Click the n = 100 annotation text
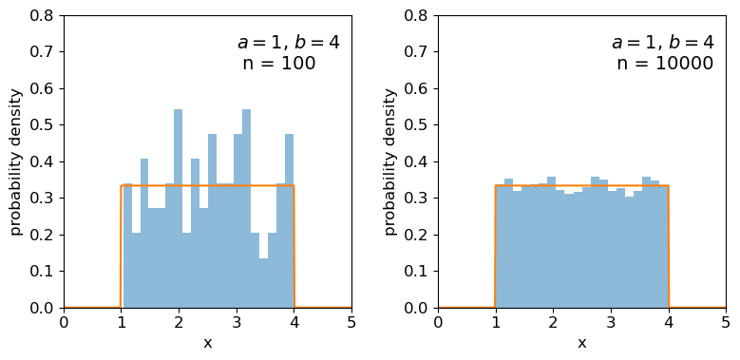[278, 64]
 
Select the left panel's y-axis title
[16, 161]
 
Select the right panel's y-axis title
[390, 161]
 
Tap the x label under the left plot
[207, 343]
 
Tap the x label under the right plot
[581, 343]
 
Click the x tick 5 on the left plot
[351, 323]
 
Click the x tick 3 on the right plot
[611, 323]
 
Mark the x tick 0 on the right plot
[438, 323]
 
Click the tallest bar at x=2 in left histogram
[178, 209]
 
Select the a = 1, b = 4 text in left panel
[288, 43]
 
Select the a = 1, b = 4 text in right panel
[662, 43]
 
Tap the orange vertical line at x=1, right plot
[495, 247]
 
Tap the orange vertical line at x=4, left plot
[294, 247]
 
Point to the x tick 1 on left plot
[122, 323]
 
